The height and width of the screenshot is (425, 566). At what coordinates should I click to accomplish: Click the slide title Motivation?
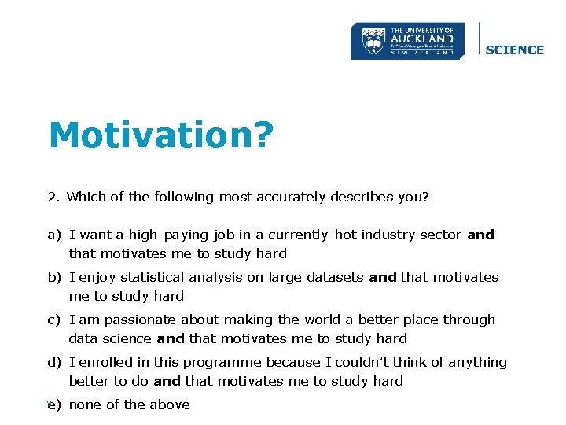161,135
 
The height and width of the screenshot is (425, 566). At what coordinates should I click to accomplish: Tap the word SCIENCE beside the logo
515,50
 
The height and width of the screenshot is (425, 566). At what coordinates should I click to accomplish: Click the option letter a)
54,235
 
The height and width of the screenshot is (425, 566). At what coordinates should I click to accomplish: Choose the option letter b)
54,277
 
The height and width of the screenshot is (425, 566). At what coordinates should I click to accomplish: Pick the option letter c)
54,320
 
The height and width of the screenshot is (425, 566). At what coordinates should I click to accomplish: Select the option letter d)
54,362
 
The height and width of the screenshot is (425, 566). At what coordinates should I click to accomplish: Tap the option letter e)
54,405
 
